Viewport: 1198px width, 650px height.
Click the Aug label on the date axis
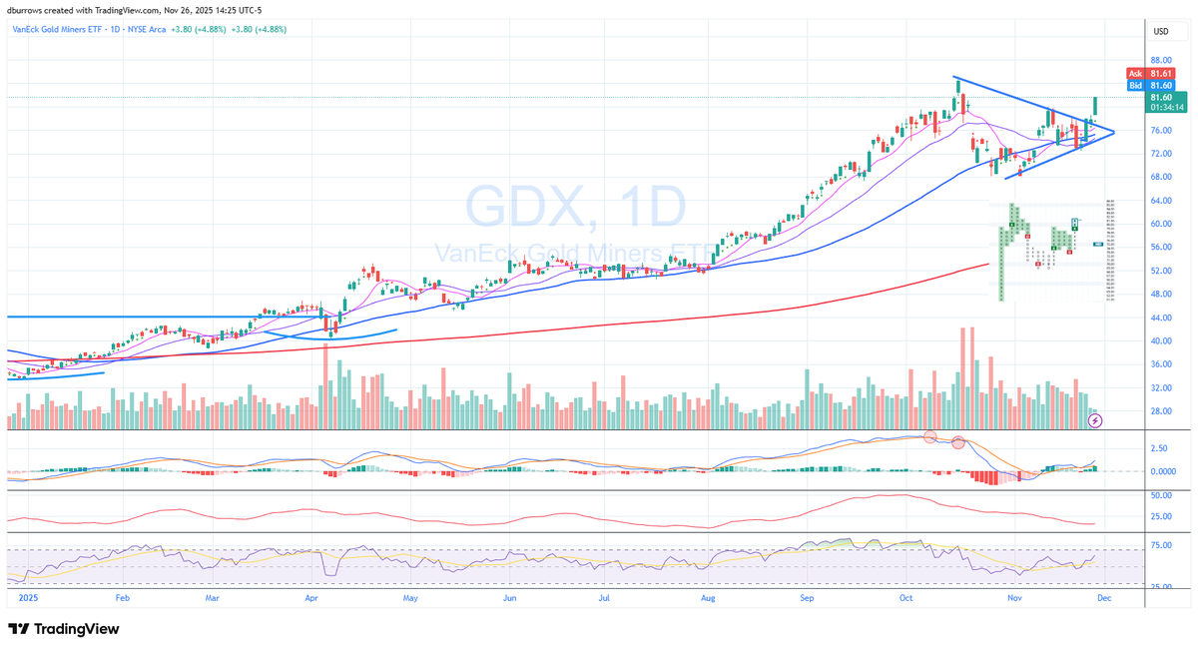708,599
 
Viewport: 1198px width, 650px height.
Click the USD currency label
1161,32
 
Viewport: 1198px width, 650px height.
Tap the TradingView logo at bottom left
64,629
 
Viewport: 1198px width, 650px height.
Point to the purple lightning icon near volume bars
1096,421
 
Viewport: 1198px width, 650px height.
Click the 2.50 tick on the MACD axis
1160,449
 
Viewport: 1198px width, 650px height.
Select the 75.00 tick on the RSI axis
1160,545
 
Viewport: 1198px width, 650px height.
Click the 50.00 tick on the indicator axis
1160,495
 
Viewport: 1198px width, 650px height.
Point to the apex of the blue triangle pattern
1114,131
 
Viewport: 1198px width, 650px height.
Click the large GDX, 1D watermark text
576,207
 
